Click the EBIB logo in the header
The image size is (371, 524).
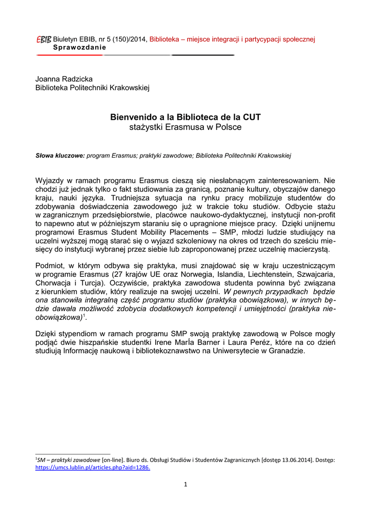pyautogui.click(x=44, y=39)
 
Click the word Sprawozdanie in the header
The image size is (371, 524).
pyautogui.click(x=79, y=47)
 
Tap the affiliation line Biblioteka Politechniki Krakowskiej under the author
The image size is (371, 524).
pyautogui.click(x=92, y=88)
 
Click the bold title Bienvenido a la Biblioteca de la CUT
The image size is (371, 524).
pyautogui.click(x=186, y=117)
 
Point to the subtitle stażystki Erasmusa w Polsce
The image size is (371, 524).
pyautogui.click(x=186, y=127)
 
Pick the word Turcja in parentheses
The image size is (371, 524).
pyautogui.click(x=107, y=283)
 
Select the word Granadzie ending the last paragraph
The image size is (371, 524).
pyautogui.click(x=287, y=351)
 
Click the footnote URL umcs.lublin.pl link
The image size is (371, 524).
pyautogui.click(x=92, y=467)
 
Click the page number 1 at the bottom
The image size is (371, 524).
pyautogui.click(x=186, y=485)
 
